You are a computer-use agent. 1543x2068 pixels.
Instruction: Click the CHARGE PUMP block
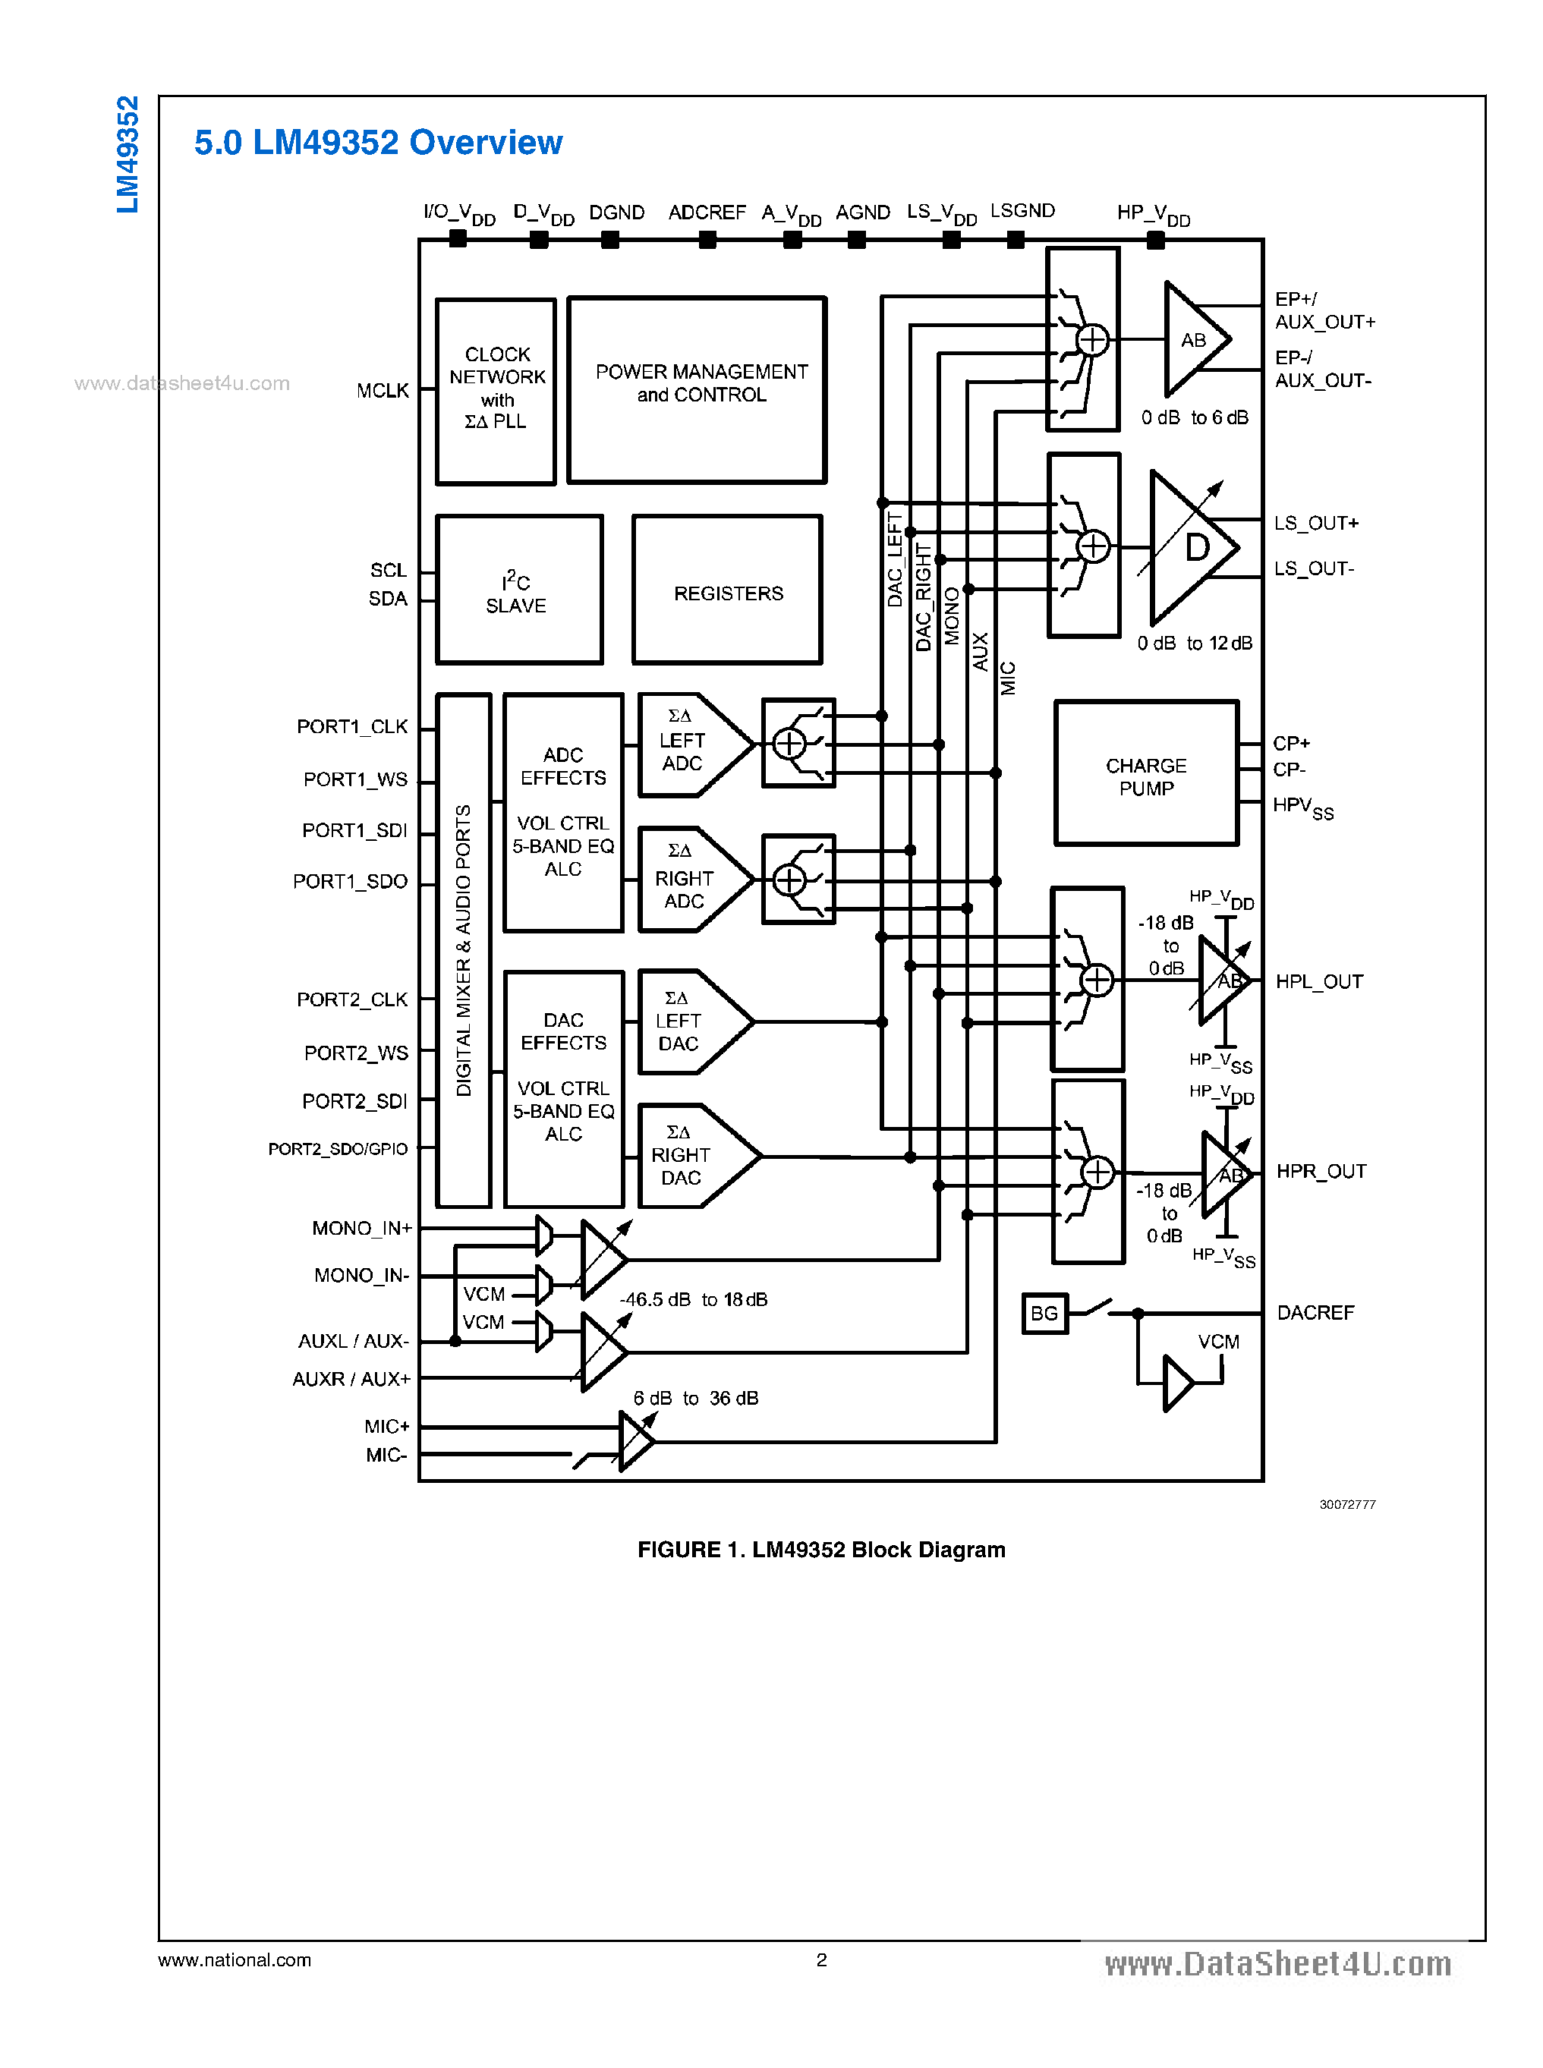click(x=1146, y=773)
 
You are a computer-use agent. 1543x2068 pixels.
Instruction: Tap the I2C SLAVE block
click(x=518, y=590)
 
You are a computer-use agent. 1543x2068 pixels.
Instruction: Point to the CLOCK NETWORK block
click(x=496, y=390)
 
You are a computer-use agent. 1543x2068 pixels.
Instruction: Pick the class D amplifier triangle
click(x=1191, y=547)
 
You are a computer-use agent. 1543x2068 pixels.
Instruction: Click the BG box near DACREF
click(x=1044, y=1314)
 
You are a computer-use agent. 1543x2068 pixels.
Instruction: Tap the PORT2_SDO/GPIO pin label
click(x=338, y=1149)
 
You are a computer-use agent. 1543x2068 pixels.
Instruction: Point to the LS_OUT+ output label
click(x=1315, y=523)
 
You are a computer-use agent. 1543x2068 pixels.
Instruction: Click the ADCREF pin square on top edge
click(x=708, y=240)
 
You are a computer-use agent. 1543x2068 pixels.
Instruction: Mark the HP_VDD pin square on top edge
click(x=1155, y=240)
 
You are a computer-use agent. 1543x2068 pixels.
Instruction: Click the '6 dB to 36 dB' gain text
click(x=696, y=1399)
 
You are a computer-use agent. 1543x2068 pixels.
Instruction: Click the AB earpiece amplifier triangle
click(x=1193, y=340)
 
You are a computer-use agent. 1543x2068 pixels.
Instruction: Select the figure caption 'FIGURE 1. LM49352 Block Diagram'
click(x=821, y=1550)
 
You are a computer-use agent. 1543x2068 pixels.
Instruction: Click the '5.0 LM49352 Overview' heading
click(x=378, y=142)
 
